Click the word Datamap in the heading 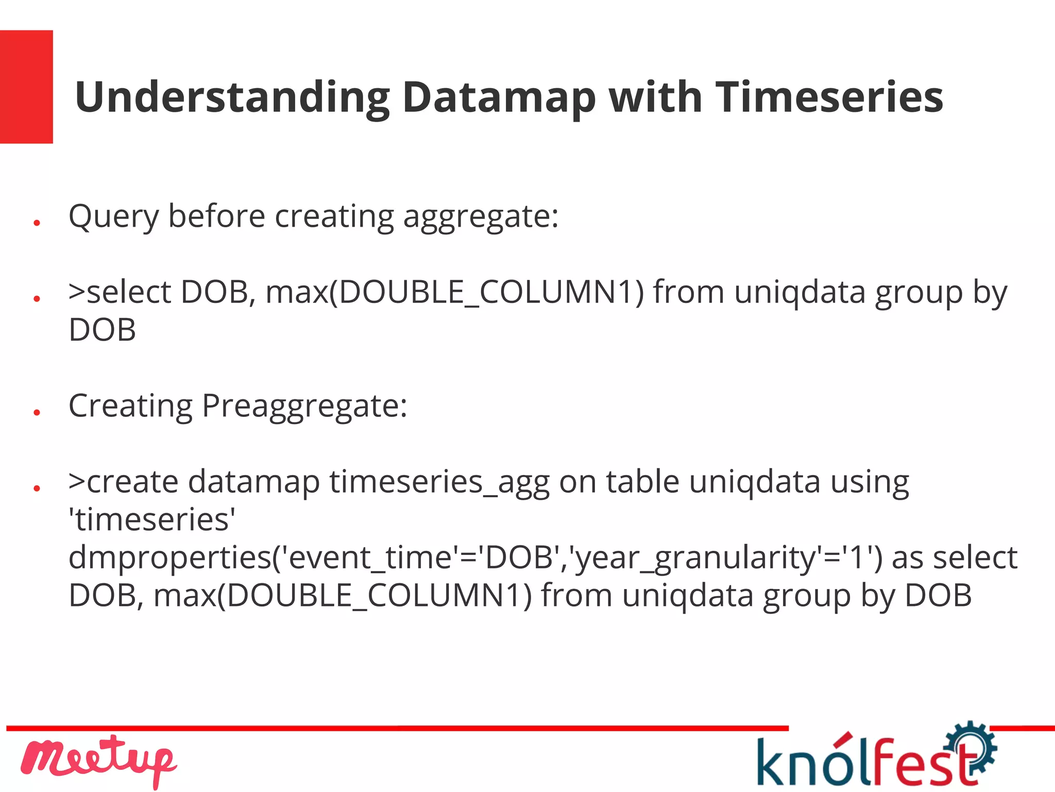point(499,98)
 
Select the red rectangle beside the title point(26,87)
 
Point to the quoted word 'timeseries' point(152,519)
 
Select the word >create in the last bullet point(124,482)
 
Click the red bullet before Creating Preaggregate point(37,412)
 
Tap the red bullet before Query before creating point(37,223)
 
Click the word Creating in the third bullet point(130,406)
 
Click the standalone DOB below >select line point(102,330)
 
